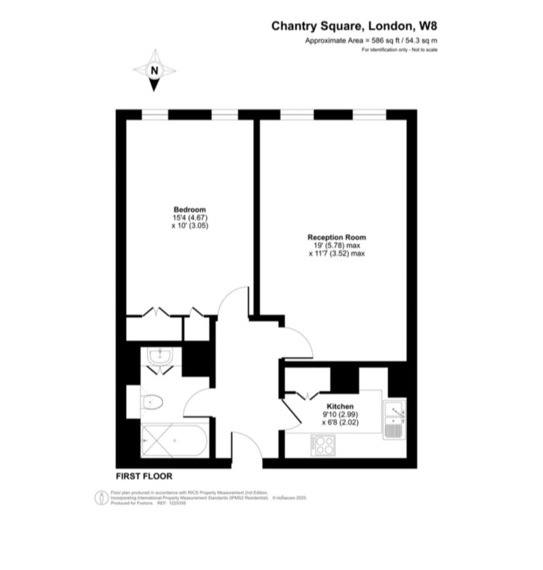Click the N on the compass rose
pos(155,71)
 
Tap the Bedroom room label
pos(190,209)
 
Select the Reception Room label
pos(337,237)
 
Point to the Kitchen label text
pos(340,406)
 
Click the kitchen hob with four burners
pos(323,445)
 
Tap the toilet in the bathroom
pos(151,402)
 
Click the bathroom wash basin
pos(160,356)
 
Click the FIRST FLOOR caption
pos(144,476)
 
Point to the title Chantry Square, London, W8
pos(354,26)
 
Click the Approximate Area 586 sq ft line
pos(371,41)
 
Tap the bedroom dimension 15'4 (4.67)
pos(190,218)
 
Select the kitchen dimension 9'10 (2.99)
pos(340,414)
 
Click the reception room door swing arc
pos(304,336)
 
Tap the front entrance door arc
pos(251,441)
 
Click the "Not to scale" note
pos(424,50)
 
